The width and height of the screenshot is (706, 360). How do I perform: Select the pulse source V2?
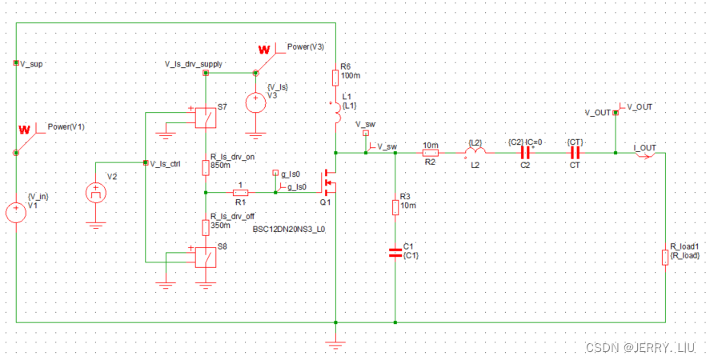(x=96, y=193)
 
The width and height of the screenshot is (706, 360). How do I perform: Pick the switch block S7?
(x=205, y=118)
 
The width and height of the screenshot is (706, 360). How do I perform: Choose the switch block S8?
(x=205, y=258)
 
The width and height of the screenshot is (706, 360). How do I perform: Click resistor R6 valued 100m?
(x=335, y=78)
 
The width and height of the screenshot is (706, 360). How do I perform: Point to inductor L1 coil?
(x=337, y=113)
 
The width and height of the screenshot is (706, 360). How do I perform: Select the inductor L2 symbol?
(x=475, y=152)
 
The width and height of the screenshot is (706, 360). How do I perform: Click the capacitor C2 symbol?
(x=525, y=153)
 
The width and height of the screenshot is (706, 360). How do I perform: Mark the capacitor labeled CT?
(x=574, y=153)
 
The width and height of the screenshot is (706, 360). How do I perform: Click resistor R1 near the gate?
(x=240, y=193)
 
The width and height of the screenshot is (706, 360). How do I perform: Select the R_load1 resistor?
(x=665, y=258)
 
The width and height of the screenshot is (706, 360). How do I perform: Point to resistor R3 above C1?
(x=395, y=207)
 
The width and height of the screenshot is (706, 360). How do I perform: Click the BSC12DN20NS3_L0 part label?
(x=290, y=229)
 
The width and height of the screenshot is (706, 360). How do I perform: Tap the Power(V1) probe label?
(x=66, y=126)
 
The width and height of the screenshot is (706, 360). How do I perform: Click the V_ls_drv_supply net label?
(x=194, y=64)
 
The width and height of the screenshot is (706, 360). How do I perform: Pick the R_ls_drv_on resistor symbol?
(x=205, y=167)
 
